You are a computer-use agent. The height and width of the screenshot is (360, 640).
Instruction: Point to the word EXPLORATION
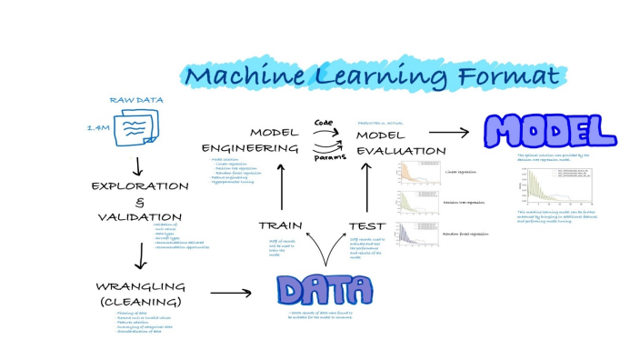(139, 186)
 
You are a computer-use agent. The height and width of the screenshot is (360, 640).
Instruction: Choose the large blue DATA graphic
(324, 290)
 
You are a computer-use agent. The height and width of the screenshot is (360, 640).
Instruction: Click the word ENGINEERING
(249, 148)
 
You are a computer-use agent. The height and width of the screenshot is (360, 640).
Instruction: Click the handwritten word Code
(325, 121)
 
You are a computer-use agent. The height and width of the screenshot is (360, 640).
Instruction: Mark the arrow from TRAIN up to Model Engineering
(281, 190)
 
